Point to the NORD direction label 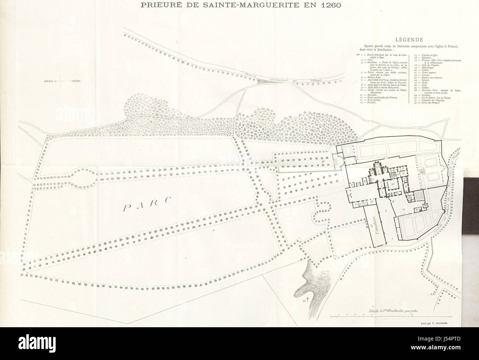48,81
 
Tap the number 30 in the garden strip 323,161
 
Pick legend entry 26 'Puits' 423,85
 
